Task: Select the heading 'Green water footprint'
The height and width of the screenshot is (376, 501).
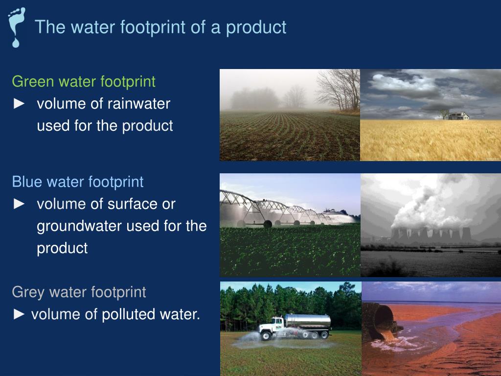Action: [84, 81]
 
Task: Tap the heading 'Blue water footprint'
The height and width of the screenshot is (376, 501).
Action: [78, 182]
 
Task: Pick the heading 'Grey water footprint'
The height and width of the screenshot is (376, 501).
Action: [79, 292]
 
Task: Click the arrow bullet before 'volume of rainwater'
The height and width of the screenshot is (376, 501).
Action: [19, 104]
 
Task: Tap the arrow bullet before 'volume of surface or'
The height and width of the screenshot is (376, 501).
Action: [19, 204]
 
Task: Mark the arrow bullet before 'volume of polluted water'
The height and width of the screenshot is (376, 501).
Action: [19, 314]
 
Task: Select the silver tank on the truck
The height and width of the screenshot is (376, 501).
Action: [308, 321]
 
